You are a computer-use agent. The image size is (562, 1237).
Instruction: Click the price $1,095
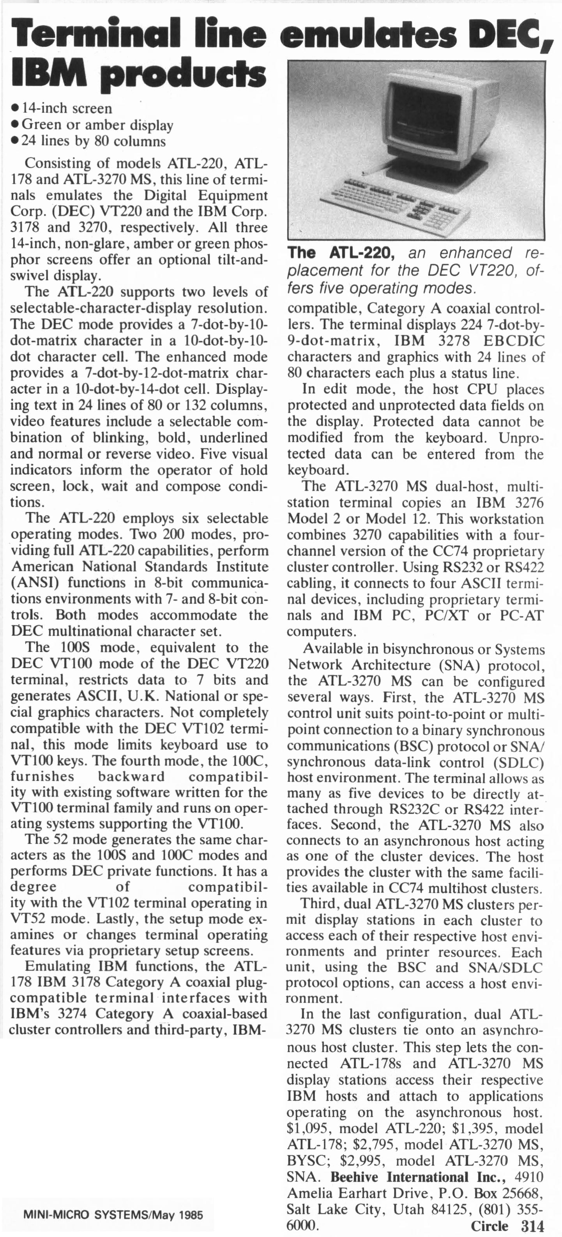coord(309,1129)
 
